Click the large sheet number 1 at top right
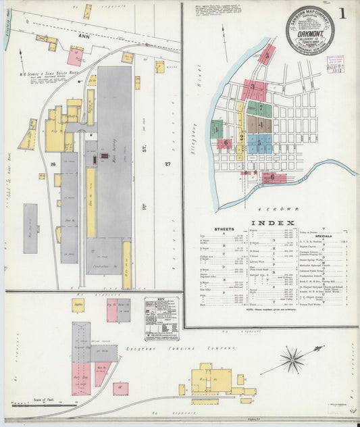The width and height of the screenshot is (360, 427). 344,13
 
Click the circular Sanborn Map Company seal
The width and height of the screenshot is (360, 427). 309,30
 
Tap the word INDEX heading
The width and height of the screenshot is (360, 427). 273,223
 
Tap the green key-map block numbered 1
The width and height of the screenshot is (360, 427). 217,128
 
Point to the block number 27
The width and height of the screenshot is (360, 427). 168,164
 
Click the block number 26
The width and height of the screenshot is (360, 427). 51,164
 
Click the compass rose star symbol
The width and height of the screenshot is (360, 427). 292,358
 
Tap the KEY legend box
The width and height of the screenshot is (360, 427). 161,318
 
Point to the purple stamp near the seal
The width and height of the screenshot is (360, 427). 334,64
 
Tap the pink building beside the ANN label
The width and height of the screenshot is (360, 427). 75,56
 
